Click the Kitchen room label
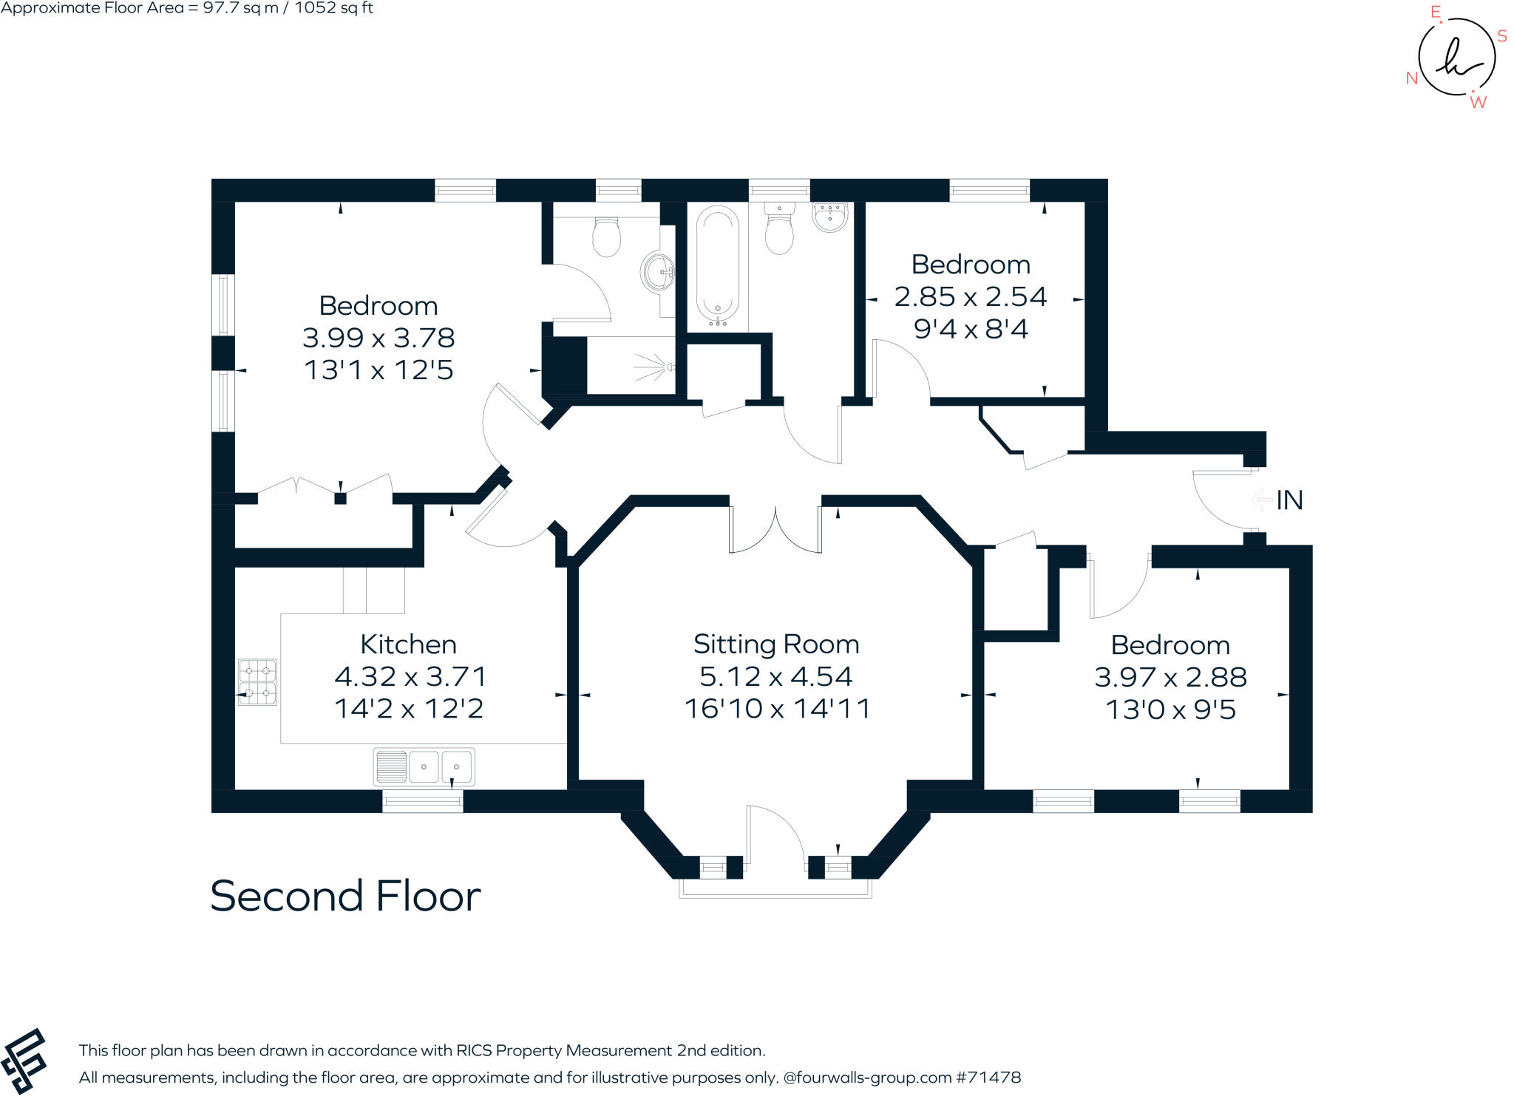[408, 644]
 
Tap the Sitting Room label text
[776, 644]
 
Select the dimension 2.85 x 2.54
[970, 297]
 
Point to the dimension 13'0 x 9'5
[1170, 710]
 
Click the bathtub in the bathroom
[717, 266]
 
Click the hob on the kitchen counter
[257, 682]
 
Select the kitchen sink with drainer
[424, 767]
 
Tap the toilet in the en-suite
[606, 236]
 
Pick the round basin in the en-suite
[657, 273]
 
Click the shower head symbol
[652, 367]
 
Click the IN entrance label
[1289, 501]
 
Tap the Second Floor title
[345, 896]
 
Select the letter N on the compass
[1411, 78]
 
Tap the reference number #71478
[988, 1078]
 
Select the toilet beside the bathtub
[779, 230]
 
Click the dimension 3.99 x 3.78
[378, 338]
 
